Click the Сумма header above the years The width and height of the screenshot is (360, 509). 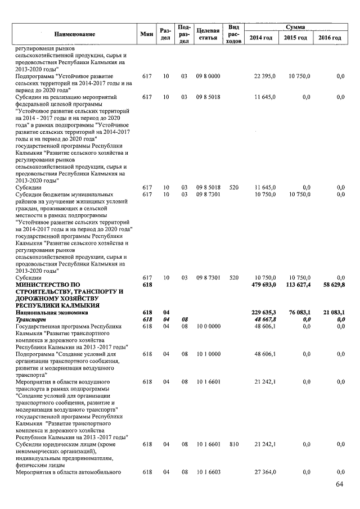click(295, 26)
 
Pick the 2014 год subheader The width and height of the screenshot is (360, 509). click(262, 38)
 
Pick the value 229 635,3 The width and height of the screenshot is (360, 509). click(262, 312)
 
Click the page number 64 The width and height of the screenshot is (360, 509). click(339, 485)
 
